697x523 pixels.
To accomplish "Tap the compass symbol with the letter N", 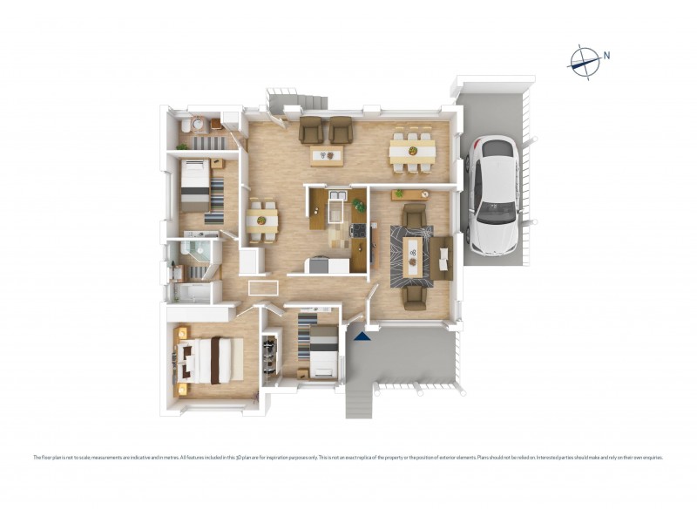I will (x=585, y=59).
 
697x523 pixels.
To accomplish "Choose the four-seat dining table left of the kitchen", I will (x=261, y=221).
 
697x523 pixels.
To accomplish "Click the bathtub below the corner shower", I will (x=191, y=292).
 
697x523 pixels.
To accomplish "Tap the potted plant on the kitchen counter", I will (x=358, y=205).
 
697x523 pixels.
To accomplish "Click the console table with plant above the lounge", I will (x=410, y=194).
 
